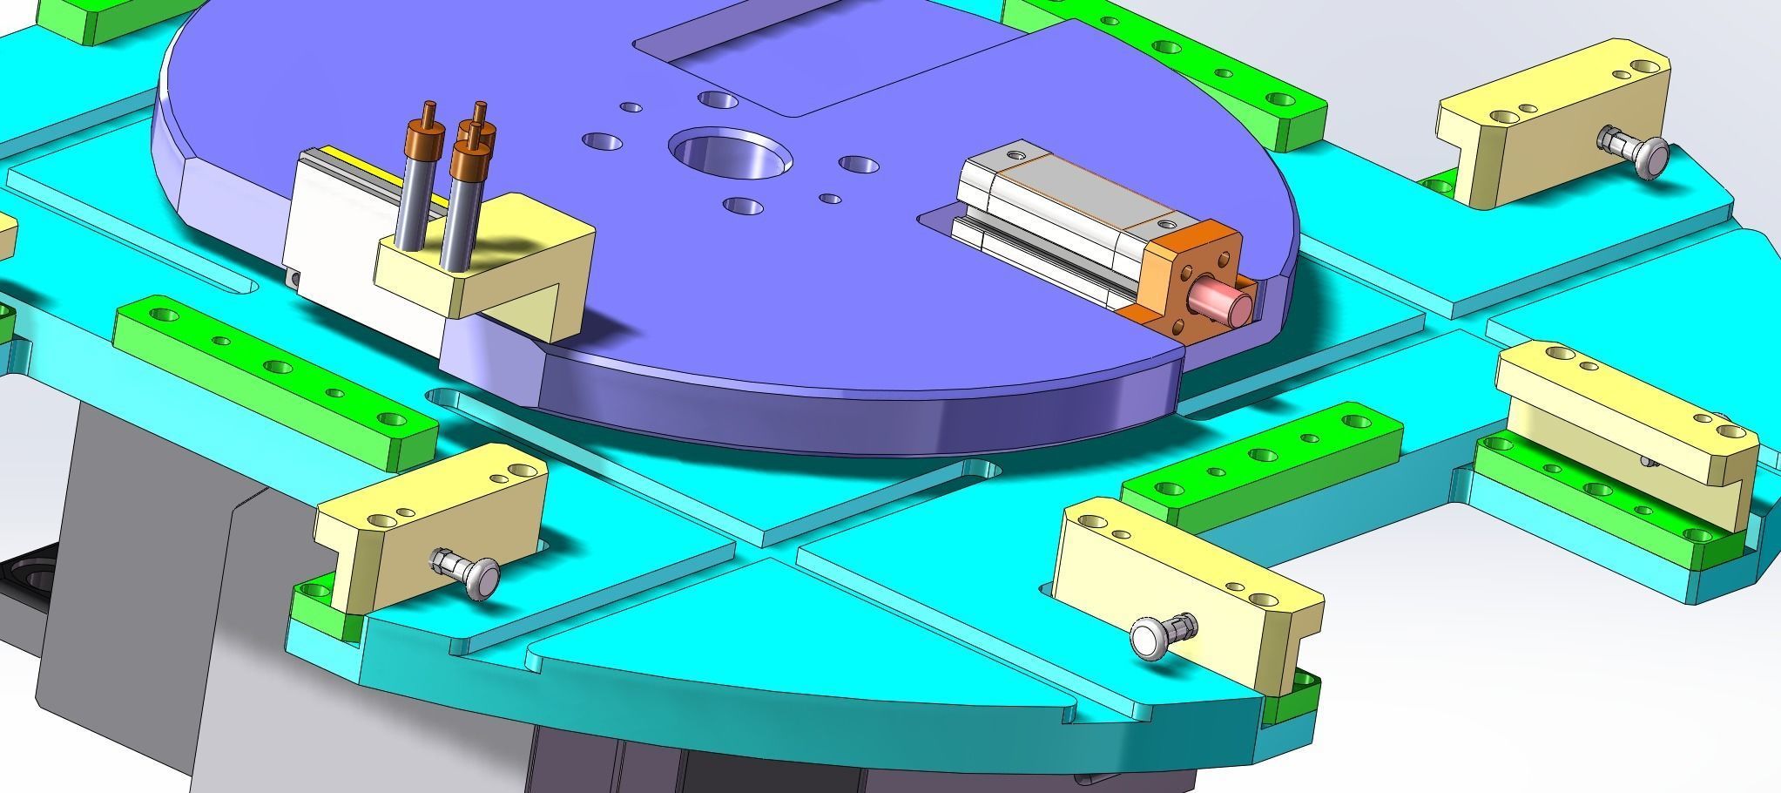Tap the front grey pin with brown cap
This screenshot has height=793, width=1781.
[x=462, y=209]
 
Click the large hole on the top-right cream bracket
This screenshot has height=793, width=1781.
[x=1645, y=67]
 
